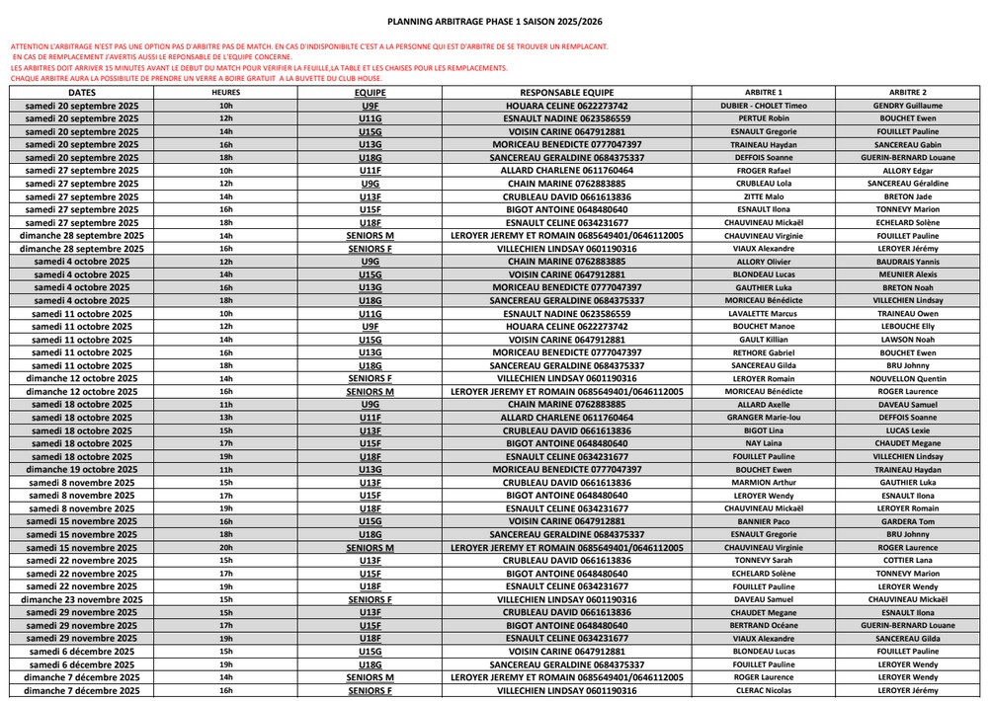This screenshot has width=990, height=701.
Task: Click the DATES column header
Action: tap(82, 92)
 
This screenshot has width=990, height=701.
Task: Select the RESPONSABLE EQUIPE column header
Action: tap(566, 92)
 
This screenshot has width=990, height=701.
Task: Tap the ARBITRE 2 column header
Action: tap(907, 92)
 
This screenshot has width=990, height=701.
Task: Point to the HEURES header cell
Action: tap(225, 92)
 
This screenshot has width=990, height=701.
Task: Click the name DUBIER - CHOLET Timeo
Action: tap(764, 105)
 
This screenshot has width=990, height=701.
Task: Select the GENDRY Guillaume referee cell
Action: tap(907, 105)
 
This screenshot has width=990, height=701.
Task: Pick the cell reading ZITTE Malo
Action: tap(764, 196)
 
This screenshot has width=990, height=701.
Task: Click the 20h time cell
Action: tap(225, 547)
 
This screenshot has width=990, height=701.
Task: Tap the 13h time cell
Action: tap(225, 418)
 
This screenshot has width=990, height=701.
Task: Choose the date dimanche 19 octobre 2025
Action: tap(82, 470)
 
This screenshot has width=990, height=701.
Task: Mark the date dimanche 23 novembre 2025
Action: tap(82, 599)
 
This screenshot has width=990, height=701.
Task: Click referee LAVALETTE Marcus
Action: tap(764, 313)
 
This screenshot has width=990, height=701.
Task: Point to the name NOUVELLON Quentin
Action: tap(907, 378)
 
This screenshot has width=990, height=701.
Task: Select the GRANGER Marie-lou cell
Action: tap(764, 418)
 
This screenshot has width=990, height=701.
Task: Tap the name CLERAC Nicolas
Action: tap(764, 691)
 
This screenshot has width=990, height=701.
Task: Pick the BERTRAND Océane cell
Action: tap(764, 625)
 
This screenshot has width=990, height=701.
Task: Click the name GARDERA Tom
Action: tap(907, 521)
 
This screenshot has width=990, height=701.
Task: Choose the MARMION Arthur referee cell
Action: tap(764, 483)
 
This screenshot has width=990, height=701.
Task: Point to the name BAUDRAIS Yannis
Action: tap(907, 262)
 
